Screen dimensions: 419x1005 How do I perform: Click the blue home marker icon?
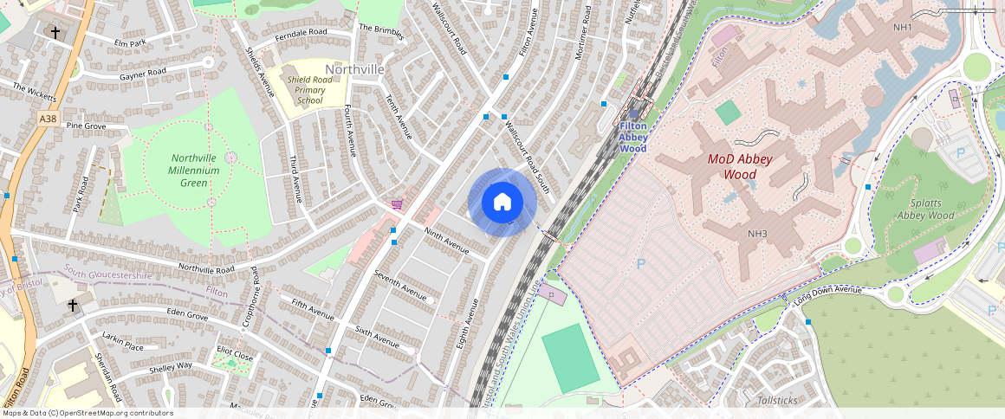[x=502, y=203]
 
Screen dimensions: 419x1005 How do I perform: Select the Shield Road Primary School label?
[x=310, y=90]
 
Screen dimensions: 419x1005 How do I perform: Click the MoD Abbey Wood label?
[x=740, y=166]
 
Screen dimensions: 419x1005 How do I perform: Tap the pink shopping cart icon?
[x=397, y=204]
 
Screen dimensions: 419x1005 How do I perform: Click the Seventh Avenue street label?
[x=400, y=286]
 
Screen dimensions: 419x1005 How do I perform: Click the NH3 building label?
[x=757, y=234]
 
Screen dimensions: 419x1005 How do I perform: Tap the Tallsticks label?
[x=777, y=400]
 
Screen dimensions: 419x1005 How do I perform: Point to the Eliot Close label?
[x=235, y=355]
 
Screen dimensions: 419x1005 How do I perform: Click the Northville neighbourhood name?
[x=354, y=68]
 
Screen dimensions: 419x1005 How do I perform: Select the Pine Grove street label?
[x=86, y=126]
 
